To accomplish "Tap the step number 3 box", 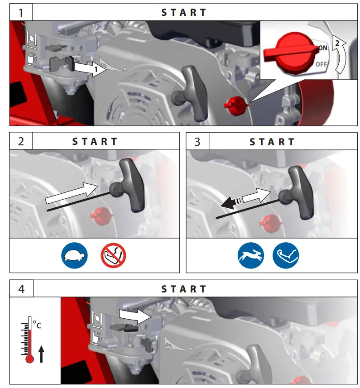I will [x=197, y=141].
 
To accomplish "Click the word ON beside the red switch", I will [x=322, y=48].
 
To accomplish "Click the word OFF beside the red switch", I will [x=321, y=64].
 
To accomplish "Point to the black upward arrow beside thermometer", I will [x=42, y=353].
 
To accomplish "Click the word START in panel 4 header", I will [x=184, y=289].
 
